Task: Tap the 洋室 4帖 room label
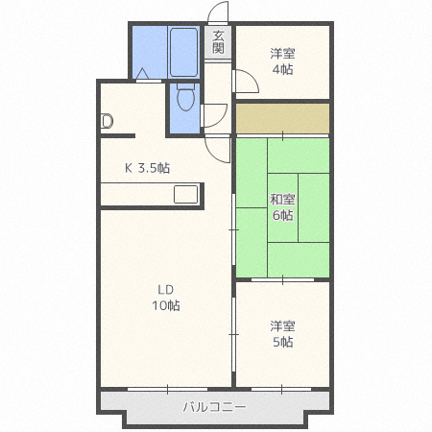click(x=282, y=61)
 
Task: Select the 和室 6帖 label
click(x=282, y=207)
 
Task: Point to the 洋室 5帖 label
click(x=282, y=334)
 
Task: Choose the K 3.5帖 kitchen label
click(x=148, y=168)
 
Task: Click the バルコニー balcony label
click(x=215, y=408)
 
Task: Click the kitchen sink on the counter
click(x=185, y=193)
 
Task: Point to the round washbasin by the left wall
click(x=107, y=121)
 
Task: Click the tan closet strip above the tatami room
click(x=282, y=118)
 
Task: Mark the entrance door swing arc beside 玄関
click(x=218, y=13)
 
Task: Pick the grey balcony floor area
click(x=144, y=408)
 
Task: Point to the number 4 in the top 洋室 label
click(x=276, y=69)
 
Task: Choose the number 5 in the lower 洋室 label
click(x=276, y=342)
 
